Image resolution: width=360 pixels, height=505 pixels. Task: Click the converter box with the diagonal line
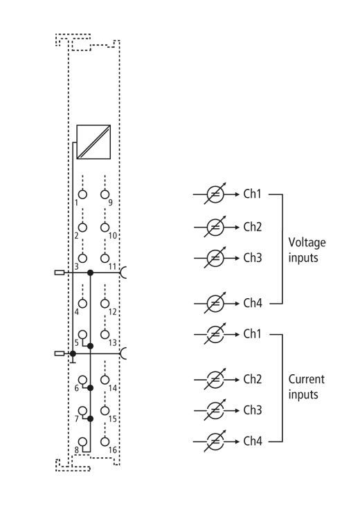click(x=93, y=142)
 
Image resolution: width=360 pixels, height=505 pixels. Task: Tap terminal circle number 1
click(x=82, y=194)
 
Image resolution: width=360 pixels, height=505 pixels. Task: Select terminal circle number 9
click(x=105, y=194)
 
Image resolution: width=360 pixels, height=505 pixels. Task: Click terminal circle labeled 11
click(x=105, y=258)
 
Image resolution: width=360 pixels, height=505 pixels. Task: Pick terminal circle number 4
click(x=82, y=304)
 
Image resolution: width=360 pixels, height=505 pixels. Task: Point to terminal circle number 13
click(x=105, y=335)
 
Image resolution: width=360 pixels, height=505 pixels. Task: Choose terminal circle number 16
click(x=105, y=441)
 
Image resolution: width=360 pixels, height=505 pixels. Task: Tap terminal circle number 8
click(x=82, y=441)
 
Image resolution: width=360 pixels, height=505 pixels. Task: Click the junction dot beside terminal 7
click(x=91, y=419)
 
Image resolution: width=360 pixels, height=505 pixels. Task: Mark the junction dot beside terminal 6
click(x=91, y=388)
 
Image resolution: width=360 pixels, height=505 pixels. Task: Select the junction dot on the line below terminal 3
click(x=91, y=273)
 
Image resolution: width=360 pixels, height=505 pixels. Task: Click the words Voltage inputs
click(x=307, y=250)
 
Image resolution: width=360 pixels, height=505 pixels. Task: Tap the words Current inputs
click(x=306, y=387)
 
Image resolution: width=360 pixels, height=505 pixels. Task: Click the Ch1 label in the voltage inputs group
click(x=253, y=194)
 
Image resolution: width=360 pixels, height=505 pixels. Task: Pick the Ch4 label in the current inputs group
click(x=253, y=441)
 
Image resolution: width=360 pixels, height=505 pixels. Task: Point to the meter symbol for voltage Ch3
click(x=215, y=258)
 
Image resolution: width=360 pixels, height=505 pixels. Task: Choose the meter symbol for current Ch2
click(x=215, y=379)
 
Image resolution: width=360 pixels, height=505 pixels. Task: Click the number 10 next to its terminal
click(x=112, y=236)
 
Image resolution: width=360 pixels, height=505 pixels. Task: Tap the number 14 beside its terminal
click(x=112, y=388)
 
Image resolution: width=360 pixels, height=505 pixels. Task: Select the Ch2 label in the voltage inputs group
click(x=253, y=227)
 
